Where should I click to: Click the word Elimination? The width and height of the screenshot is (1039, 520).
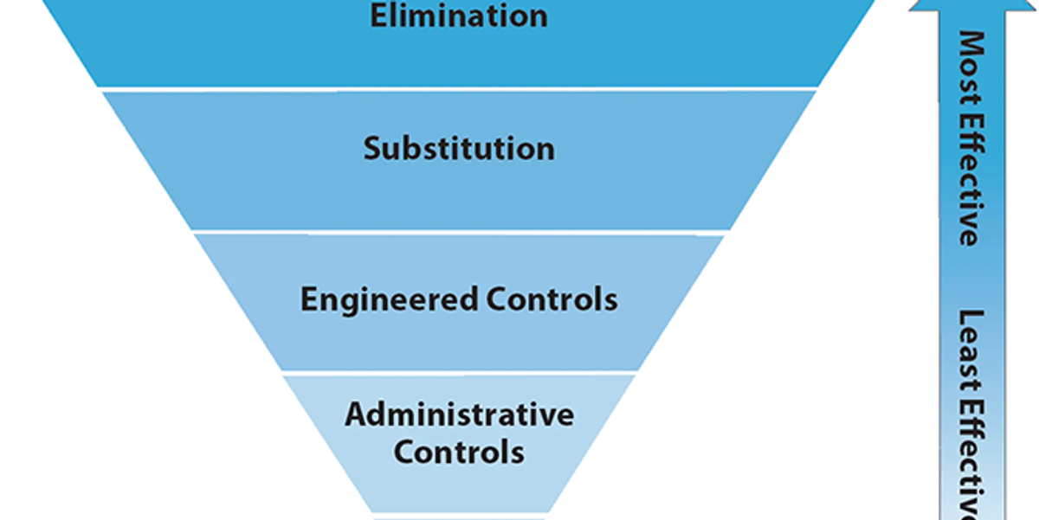(x=458, y=16)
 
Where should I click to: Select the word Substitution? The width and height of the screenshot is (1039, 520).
(x=458, y=148)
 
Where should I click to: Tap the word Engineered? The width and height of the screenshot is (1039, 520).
(x=389, y=299)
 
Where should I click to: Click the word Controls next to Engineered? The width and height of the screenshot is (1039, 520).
(x=552, y=299)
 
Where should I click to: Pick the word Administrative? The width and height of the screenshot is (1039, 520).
(x=459, y=414)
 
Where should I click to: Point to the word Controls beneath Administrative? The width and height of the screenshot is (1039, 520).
(x=459, y=452)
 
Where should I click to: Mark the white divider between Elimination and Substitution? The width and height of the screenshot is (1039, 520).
(x=459, y=88)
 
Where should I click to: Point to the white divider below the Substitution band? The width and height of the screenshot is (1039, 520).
(x=459, y=232)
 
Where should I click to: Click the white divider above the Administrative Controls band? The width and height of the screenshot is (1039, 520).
(x=459, y=373)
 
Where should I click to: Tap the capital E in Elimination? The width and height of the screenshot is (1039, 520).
(x=378, y=16)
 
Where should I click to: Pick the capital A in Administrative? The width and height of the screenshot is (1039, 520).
(x=355, y=414)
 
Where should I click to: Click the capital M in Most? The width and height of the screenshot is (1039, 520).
(x=971, y=42)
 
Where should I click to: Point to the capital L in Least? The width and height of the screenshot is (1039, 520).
(x=971, y=318)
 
